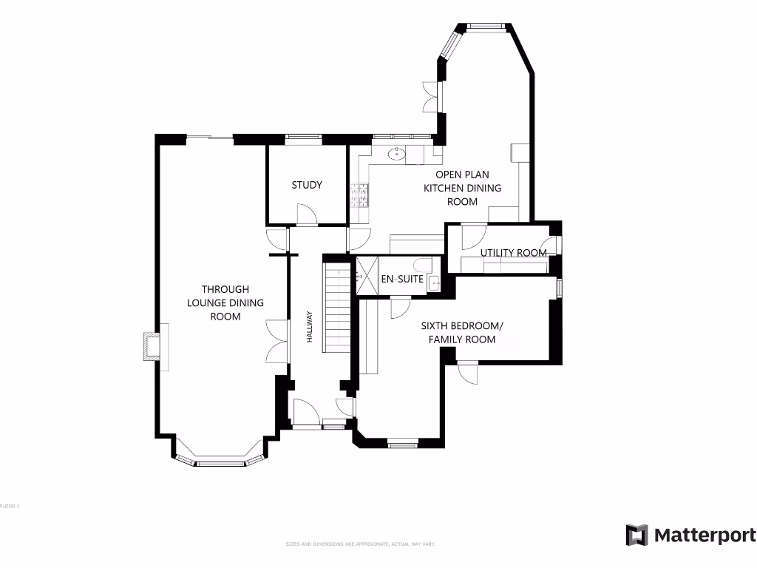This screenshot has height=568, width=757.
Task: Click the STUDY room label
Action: [307, 185]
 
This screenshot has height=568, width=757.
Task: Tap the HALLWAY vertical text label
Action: [311, 326]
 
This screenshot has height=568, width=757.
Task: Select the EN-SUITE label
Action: [402, 280]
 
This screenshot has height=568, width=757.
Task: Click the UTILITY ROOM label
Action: [514, 253]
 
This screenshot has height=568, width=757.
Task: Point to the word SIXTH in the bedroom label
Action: [437, 325]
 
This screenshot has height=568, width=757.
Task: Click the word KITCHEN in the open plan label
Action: [444, 188]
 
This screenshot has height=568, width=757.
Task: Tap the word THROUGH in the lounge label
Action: [225, 289]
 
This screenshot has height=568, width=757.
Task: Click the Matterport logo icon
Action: [637, 535]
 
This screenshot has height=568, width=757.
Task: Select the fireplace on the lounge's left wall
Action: [151, 347]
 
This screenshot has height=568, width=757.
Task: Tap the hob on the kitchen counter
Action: [363, 194]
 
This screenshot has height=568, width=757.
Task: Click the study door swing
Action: [306, 214]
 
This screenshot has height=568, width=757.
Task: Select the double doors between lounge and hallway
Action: [276, 342]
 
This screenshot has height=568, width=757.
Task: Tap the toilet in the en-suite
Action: [423, 266]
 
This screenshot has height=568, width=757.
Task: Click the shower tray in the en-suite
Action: [367, 275]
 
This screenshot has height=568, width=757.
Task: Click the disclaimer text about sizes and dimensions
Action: [361, 544]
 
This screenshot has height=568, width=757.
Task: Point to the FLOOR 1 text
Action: [10, 506]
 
